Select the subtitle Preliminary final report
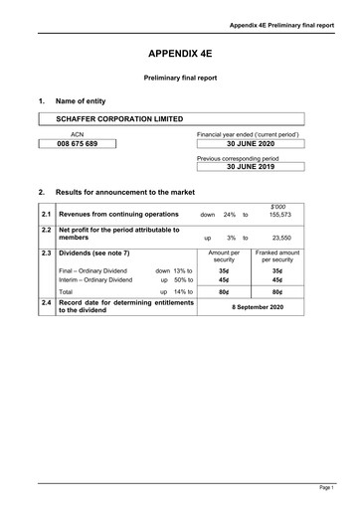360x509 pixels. pyautogui.click(x=180, y=77)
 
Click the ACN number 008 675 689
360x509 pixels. pyautogui.click(x=77, y=144)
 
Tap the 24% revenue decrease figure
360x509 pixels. pyautogui.click(x=229, y=214)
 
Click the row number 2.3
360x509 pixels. pyautogui.click(x=47, y=254)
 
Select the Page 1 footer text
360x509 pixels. pyautogui.click(x=325, y=489)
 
